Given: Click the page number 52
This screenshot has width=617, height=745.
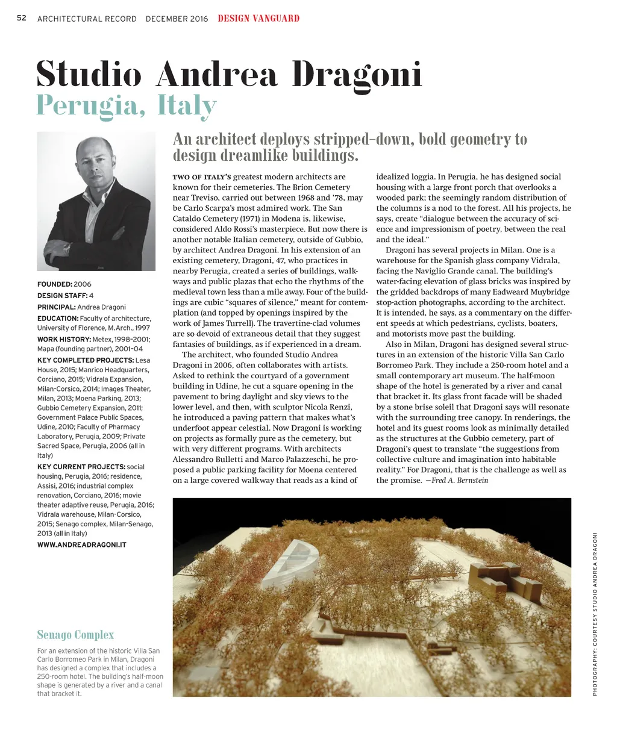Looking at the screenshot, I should (x=22, y=18).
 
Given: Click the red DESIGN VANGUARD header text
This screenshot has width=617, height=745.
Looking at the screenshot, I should (x=258, y=18).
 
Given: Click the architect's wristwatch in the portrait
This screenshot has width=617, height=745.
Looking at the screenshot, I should (x=67, y=246).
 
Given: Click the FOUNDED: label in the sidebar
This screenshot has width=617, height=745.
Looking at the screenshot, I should (x=55, y=284).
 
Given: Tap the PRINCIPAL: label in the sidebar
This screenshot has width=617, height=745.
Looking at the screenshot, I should (x=57, y=307).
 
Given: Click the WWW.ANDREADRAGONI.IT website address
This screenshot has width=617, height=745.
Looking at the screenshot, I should (x=82, y=545).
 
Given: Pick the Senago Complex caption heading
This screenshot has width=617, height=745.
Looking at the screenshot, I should (x=75, y=635).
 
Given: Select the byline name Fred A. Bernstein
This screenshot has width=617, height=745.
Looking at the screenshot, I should (x=460, y=481).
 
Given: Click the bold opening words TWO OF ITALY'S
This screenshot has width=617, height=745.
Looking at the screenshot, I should (x=202, y=177).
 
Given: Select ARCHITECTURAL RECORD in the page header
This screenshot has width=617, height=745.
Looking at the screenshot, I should (x=87, y=19).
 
